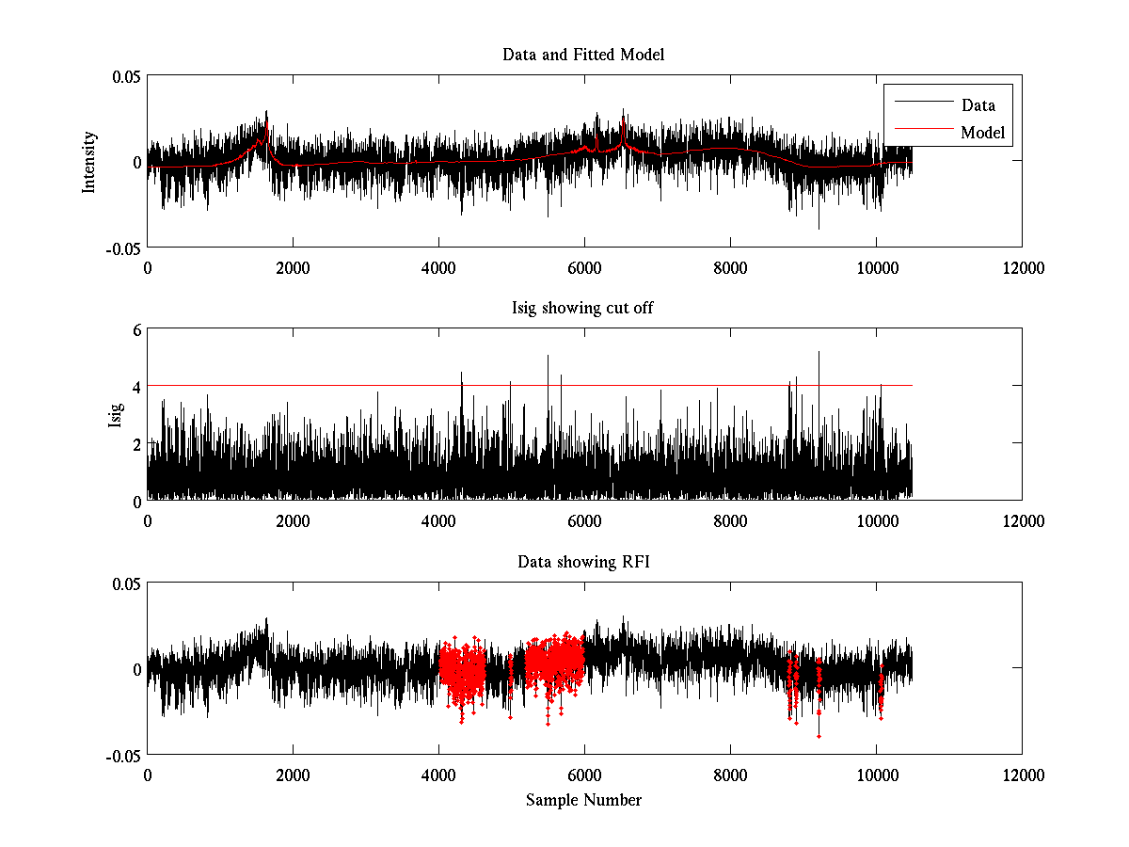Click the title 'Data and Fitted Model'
[x=583, y=55]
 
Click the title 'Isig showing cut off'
[x=583, y=309]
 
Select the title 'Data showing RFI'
[x=583, y=563]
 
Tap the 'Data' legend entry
[x=978, y=105]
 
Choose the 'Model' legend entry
[x=982, y=133]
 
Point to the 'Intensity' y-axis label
[x=89, y=161]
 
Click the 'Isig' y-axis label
[x=116, y=415]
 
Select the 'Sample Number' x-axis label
[x=583, y=800]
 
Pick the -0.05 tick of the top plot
[x=122, y=248]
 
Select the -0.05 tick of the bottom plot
[x=122, y=756]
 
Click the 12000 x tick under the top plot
[x=1022, y=267]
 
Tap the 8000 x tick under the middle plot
[x=730, y=521]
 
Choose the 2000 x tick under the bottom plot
[x=293, y=775]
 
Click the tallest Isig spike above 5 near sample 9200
[x=819, y=353]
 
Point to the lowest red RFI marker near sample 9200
[x=819, y=736]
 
